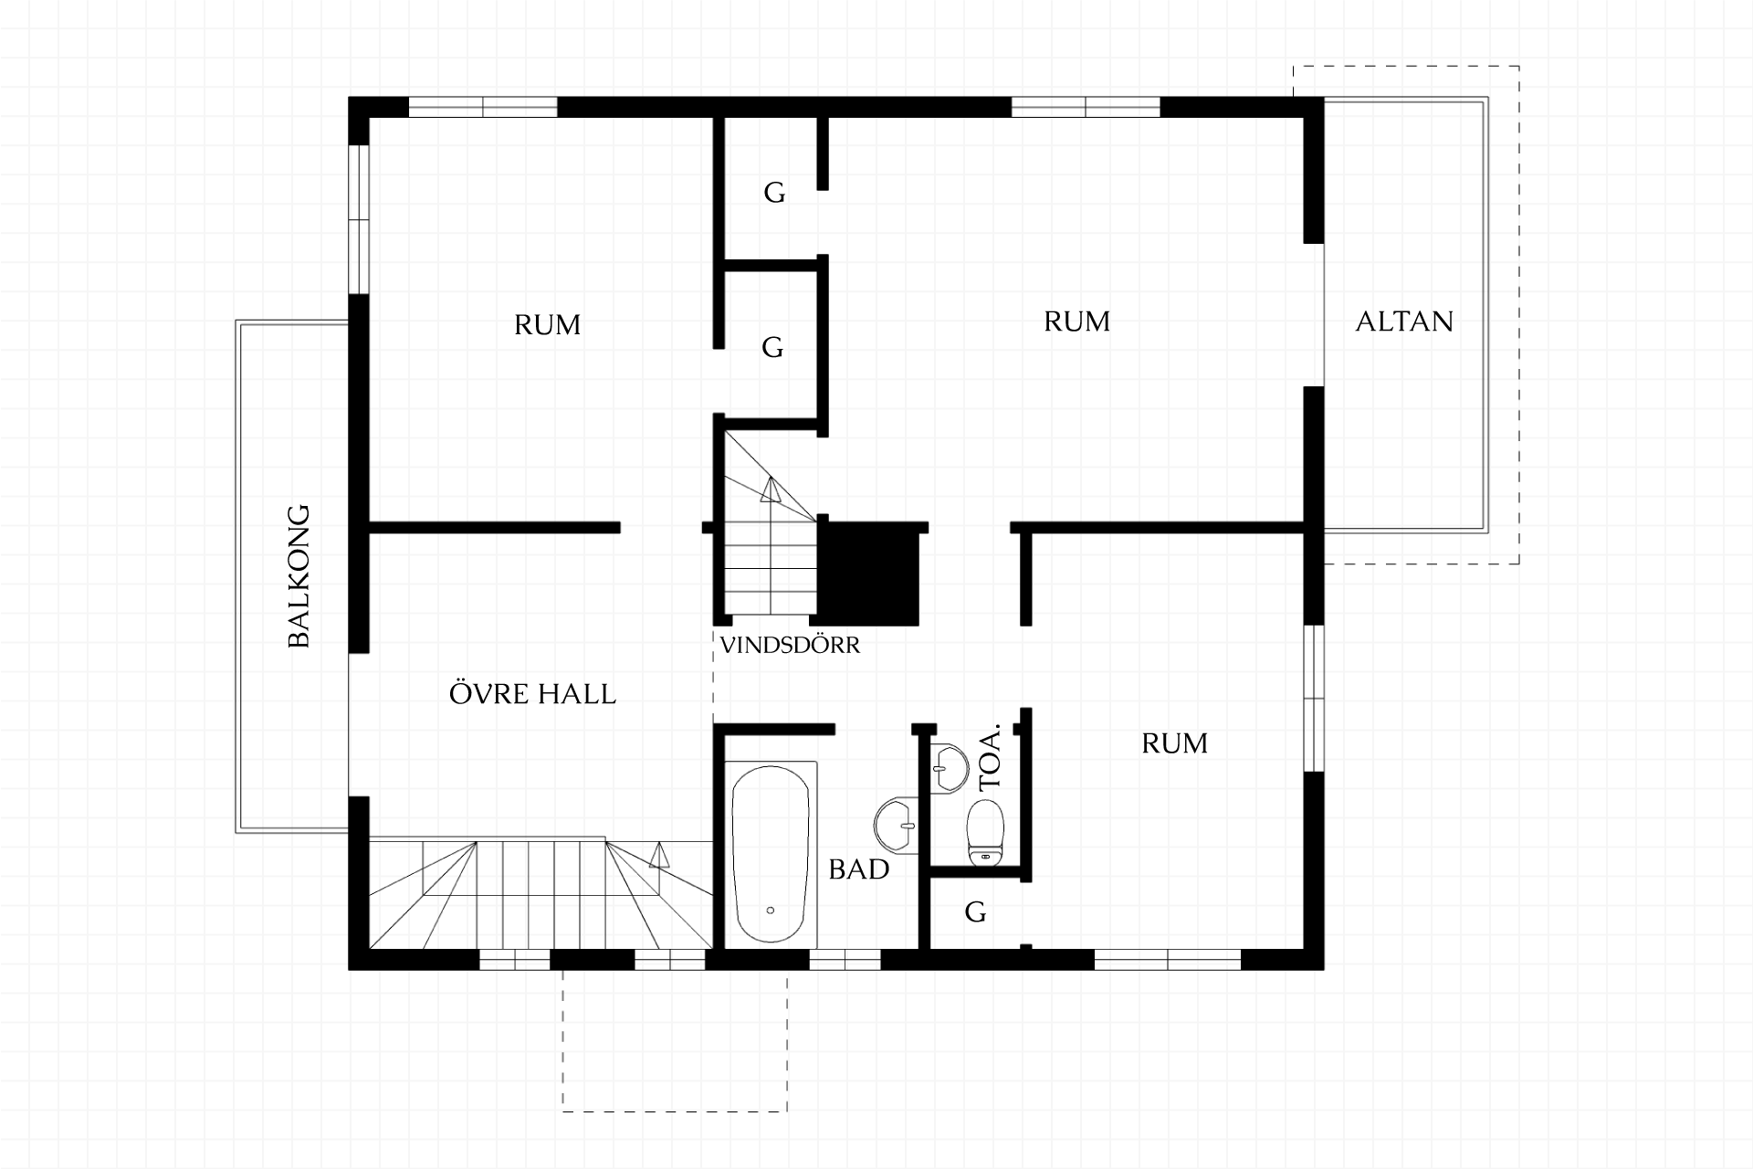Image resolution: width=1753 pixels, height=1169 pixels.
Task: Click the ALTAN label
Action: [x=1404, y=321]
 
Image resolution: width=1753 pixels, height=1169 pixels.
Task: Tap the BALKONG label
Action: [x=299, y=576]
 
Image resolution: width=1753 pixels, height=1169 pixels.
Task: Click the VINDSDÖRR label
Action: [x=790, y=645]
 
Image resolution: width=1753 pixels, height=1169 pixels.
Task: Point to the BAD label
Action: [x=859, y=869]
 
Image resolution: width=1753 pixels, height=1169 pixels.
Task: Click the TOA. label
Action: [x=990, y=757]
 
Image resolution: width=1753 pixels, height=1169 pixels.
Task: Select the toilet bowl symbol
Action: [x=985, y=831]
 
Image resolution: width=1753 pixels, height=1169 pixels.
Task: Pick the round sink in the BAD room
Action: [x=896, y=826]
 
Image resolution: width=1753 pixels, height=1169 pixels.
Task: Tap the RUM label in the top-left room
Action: [x=547, y=325]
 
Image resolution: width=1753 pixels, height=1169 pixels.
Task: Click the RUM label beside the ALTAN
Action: [x=1077, y=321]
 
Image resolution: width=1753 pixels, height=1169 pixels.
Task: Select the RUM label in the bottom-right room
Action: [x=1175, y=743]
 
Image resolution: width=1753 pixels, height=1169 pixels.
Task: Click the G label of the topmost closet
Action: [x=774, y=193]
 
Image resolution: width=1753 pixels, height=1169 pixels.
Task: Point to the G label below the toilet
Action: [x=975, y=911]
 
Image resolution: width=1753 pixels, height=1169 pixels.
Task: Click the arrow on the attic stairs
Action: [x=771, y=490]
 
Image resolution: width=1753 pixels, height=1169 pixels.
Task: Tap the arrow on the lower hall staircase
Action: [x=658, y=855]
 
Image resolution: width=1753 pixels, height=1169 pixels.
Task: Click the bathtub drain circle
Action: [x=771, y=911]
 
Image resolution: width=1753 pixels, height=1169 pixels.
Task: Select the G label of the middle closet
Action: [x=772, y=347]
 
